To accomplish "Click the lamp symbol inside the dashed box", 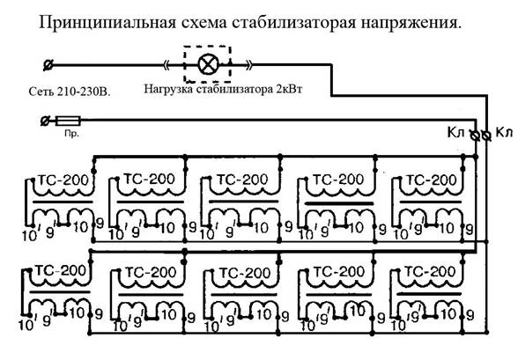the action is (208, 64).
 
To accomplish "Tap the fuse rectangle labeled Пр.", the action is (68, 121).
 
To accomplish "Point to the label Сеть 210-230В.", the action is (70, 92).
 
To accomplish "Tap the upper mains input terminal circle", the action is (48, 65).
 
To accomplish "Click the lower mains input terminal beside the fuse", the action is (45, 121).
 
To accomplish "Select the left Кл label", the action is (456, 132).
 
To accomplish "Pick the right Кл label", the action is (504, 132).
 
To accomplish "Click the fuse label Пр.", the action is (71, 134).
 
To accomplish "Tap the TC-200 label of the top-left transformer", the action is (63, 180).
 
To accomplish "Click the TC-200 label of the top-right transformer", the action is (431, 180).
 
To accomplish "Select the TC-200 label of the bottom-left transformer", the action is (61, 270).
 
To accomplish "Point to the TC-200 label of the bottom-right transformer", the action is (430, 272).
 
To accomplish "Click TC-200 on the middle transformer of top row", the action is (242, 180).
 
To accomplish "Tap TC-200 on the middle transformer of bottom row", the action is (245, 273).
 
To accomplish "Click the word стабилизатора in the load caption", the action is (235, 89).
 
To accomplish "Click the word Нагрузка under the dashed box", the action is (168, 89).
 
